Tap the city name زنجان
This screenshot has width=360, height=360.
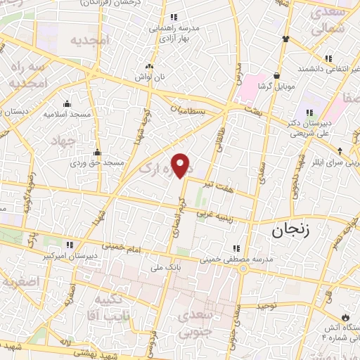coord(288,229)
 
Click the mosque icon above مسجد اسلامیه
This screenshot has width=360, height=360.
coord(66,103)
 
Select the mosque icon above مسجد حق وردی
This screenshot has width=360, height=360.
coord(97,153)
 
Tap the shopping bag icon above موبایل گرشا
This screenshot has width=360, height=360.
coord(278,75)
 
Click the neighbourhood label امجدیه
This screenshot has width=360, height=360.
coord(90,40)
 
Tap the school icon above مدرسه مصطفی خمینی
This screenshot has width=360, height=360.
coord(236,248)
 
